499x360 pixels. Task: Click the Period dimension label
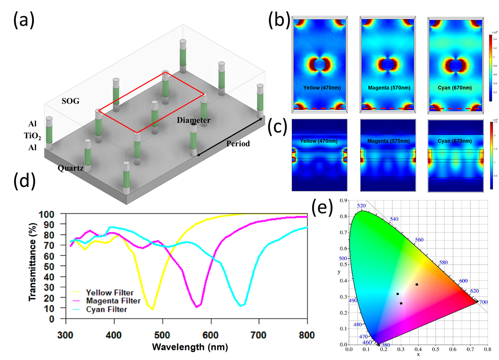[238, 144]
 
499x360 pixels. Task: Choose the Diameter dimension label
[194, 120]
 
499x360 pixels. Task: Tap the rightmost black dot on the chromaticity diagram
[417, 284]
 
